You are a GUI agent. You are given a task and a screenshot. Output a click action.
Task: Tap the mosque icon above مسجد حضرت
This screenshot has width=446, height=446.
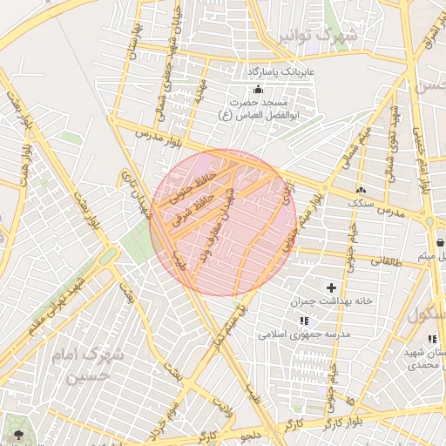click(257, 90)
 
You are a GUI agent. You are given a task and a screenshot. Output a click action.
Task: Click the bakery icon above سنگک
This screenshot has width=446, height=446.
click(362, 190)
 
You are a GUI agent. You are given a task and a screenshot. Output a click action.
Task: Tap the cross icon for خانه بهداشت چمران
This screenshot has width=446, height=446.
click(331, 287)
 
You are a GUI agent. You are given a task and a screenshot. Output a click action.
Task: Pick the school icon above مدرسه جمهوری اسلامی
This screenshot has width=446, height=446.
click(303, 321)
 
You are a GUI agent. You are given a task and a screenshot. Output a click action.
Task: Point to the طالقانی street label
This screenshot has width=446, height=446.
click(388, 260)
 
